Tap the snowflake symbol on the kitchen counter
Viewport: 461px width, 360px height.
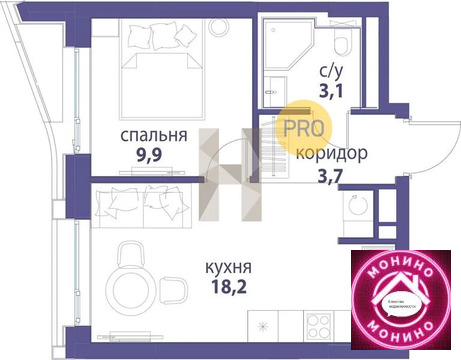pyautogui.click(x=263, y=325)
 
